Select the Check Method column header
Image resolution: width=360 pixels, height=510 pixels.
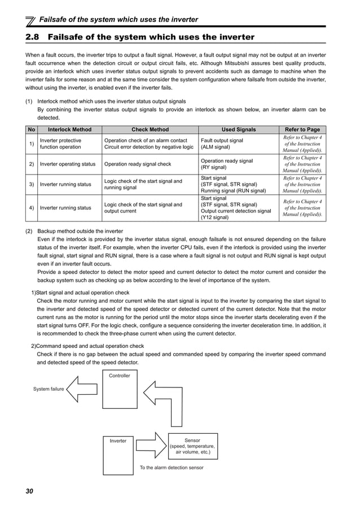pyautogui.click(x=150, y=129)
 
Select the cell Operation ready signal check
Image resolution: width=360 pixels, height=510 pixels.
pyautogui.click(x=138, y=164)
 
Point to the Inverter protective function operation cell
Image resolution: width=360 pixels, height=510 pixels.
pyautogui.click(x=61, y=144)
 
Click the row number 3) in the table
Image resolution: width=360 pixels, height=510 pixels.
pyautogui.click(x=32, y=185)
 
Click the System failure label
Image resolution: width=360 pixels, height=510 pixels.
pyautogui.click(x=48, y=389)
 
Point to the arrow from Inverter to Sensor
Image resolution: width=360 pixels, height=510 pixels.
pyautogui.click(x=151, y=441)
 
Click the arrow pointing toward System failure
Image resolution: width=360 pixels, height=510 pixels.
pyautogui.click(x=82, y=389)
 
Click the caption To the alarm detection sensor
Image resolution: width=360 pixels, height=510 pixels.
pyautogui.click(x=172, y=468)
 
